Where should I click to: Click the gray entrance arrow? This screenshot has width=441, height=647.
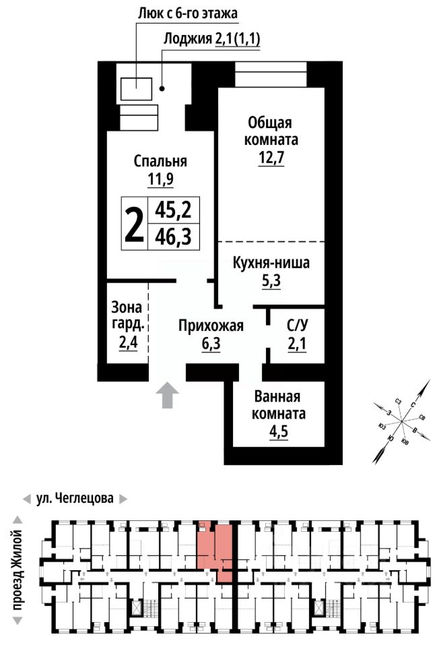click(x=167, y=395)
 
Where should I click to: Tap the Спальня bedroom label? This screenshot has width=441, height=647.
click(x=160, y=161)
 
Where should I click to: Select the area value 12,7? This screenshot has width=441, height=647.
click(x=271, y=158)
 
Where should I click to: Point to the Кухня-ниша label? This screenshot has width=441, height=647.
click(x=271, y=262)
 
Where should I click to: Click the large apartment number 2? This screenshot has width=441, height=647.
click(x=135, y=224)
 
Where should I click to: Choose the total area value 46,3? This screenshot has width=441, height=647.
click(x=173, y=237)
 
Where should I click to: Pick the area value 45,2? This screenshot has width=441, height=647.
click(x=173, y=210)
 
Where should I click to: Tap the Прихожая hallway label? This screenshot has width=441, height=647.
click(x=211, y=326)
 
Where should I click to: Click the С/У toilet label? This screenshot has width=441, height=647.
click(x=297, y=326)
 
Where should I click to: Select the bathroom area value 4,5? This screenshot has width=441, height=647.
click(x=279, y=431)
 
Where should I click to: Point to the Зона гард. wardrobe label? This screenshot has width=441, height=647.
click(x=127, y=315)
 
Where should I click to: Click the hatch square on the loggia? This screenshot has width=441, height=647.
click(x=136, y=89)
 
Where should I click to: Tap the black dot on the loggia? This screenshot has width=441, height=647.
click(x=162, y=88)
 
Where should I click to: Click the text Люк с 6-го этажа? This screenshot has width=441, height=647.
click(x=188, y=13)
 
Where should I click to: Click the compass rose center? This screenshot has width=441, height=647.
click(x=401, y=421)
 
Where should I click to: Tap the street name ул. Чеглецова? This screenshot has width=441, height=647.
click(x=75, y=498)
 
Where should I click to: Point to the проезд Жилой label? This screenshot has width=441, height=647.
click(x=18, y=570)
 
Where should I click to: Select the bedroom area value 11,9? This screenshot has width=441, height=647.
click(x=160, y=179)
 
